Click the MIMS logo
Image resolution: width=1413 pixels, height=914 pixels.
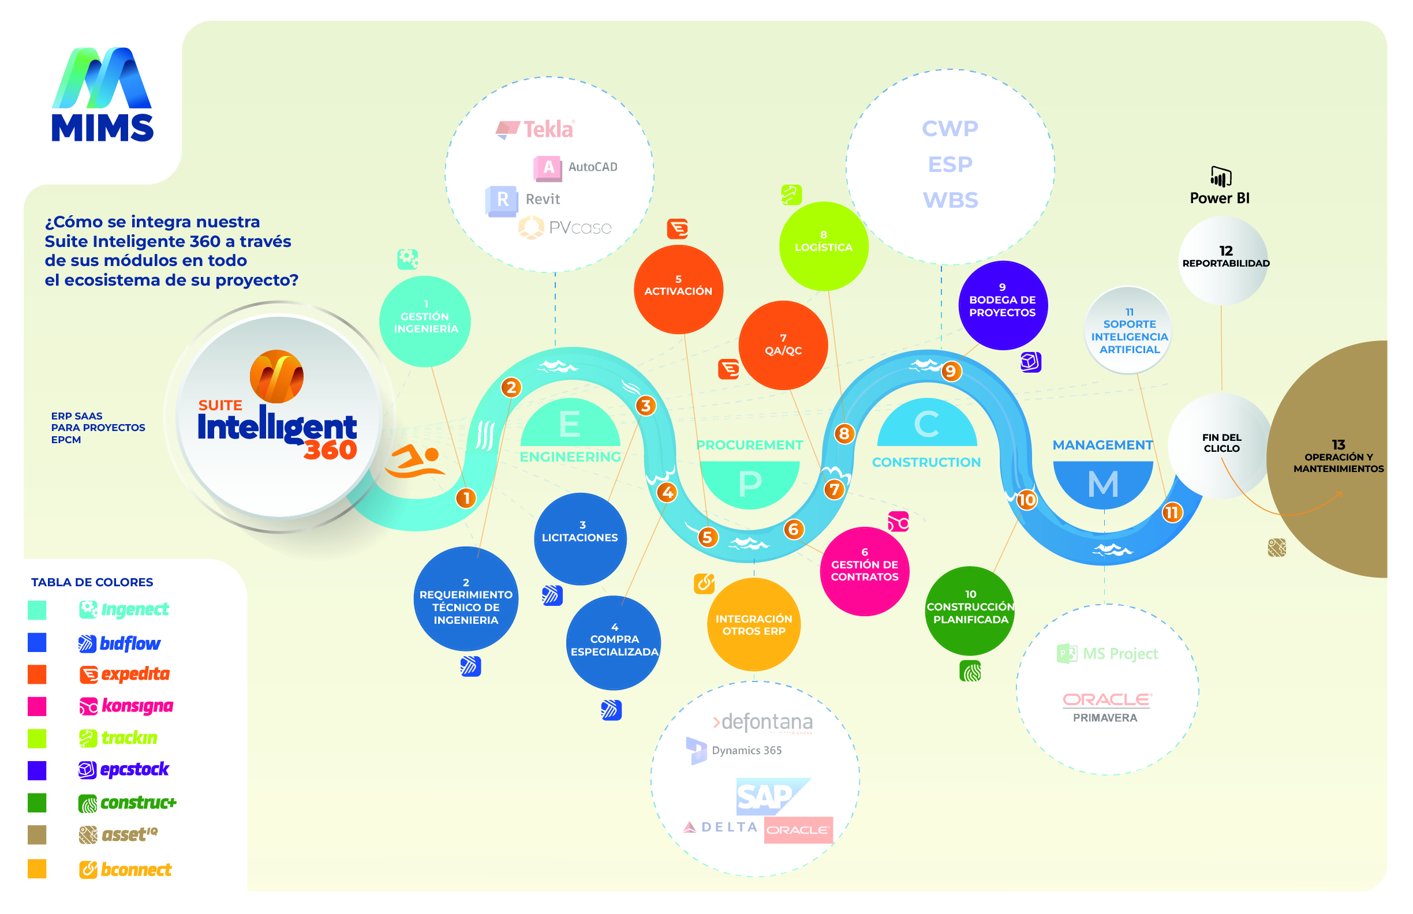pyautogui.click(x=102, y=95)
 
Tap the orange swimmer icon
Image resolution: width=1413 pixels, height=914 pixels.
pyautogui.click(x=415, y=461)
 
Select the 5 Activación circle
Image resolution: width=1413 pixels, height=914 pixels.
pyautogui.click(x=678, y=289)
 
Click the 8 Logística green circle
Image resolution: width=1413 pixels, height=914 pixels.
pyautogui.click(x=824, y=246)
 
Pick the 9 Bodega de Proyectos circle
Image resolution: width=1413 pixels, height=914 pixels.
pyautogui.click(x=1002, y=305)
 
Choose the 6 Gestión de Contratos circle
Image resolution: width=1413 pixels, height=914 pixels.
pyautogui.click(x=864, y=570)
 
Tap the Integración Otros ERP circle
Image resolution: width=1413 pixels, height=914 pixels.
pyautogui.click(x=753, y=624)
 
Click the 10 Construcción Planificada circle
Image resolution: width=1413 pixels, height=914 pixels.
pyautogui.click(x=970, y=610)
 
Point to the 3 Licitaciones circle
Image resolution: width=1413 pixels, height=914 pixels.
pyautogui.click(x=580, y=538)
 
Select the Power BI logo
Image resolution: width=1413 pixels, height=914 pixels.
pyautogui.click(x=1220, y=186)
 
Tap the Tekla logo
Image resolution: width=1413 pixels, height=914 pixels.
pyautogui.click(x=535, y=129)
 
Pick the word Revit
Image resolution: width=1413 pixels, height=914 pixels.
pyautogui.click(x=543, y=199)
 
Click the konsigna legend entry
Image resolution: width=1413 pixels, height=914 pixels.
pyautogui.click(x=126, y=706)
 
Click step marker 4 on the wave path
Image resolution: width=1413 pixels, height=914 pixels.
pyautogui.click(x=667, y=492)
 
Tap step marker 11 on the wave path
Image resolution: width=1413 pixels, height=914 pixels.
pyautogui.click(x=1171, y=513)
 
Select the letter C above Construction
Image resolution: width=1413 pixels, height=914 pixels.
pyautogui.click(x=926, y=424)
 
